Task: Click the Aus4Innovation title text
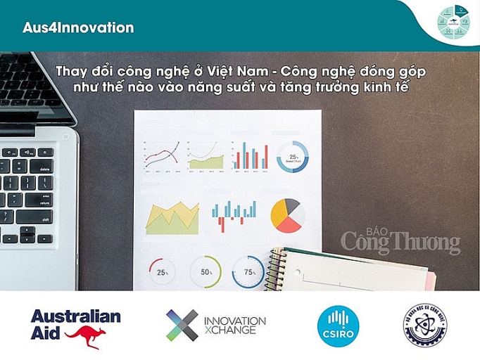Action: [x=78, y=28]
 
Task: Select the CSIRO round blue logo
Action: [x=337, y=325]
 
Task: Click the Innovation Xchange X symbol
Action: [x=182, y=325]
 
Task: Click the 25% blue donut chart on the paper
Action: [x=292, y=155]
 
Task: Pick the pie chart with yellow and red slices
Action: [x=287, y=216]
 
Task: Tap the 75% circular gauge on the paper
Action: [x=248, y=272]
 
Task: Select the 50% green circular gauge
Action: [x=206, y=272]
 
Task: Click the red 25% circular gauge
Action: [x=163, y=272]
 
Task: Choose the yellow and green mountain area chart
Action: [x=172, y=219]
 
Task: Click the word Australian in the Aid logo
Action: [x=75, y=316]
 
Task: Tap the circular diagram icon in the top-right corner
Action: [x=453, y=22]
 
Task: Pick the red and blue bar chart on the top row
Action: [x=250, y=155]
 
